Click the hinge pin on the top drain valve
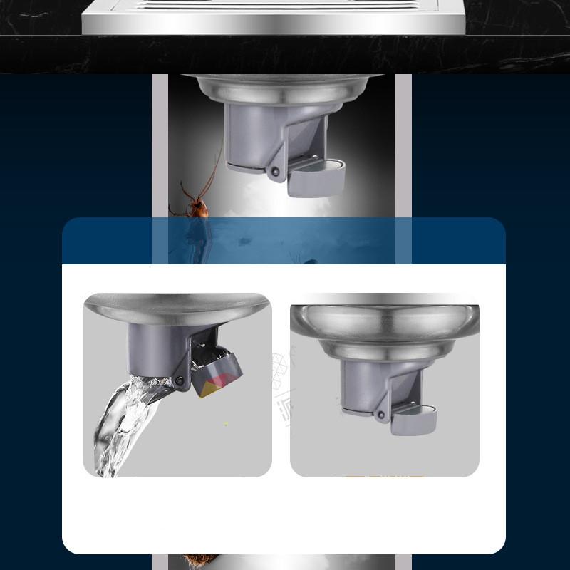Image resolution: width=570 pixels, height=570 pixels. pos(274,171)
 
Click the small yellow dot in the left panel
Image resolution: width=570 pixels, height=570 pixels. pos(226,424)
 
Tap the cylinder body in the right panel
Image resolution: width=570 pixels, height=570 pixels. pos(363,385)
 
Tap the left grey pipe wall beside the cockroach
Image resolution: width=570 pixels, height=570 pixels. pos(160,142)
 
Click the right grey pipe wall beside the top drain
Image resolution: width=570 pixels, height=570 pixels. pos(403,142)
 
